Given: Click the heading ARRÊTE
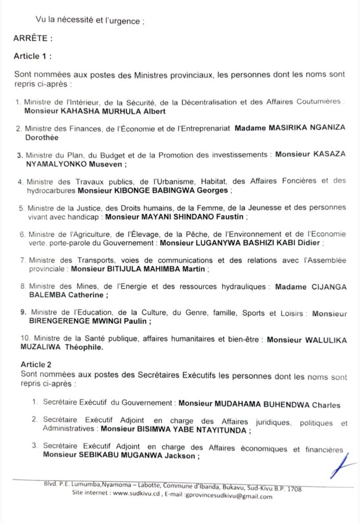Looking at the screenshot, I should coord(32,37).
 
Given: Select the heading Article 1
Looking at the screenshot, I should coord(33,56).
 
